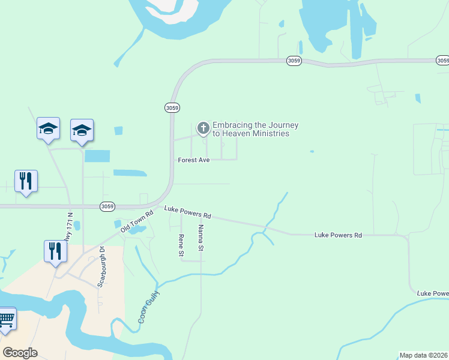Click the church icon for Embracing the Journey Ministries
pyautogui.click(x=203, y=128)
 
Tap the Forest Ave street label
pyautogui.click(x=193, y=160)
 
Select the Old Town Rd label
pyautogui.click(x=133, y=222)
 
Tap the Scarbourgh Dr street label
pyautogui.click(x=101, y=267)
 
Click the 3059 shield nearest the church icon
pyautogui.click(x=171, y=107)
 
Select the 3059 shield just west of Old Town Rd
pyautogui.click(x=107, y=206)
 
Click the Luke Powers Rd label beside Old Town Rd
pyautogui.click(x=188, y=212)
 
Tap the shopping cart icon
pyautogui.click(x=6, y=319)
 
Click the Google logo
pyautogui.click(x=20, y=352)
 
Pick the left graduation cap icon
pyautogui.click(x=48, y=129)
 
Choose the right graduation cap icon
pyautogui.click(x=82, y=130)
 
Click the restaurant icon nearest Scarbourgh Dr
pyautogui.click(x=55, y=251)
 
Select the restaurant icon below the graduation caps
pyautogui.click(x=26, y=181)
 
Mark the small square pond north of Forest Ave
pyautogui.click(x=118, y=130)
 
